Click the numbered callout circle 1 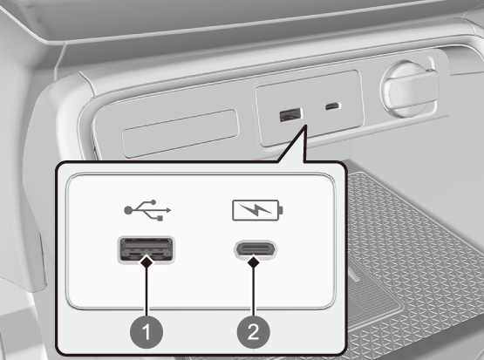click(x=147, y=333)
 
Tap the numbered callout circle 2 click(x=253, y=333)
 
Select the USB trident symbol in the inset click(x=147, y=210)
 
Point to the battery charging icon click(x=257, y=210)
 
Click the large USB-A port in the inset click(x=146, y=249)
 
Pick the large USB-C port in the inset click(x=256, y=249)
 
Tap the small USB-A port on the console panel click(x=290, y=114)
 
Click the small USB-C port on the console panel click(x=333, y=106)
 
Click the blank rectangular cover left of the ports click(x=181, y=133)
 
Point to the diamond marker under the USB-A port click(x=147, y=263)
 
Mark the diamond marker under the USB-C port click(x=254, y=263)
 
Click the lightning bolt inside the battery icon click(x=256, y=210)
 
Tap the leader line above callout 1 click(x=147, y=293)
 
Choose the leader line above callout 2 click(x=254, y=293)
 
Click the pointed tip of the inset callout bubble click(x=305, y=125)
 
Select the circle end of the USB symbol click(x=127, y=210)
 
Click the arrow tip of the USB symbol click(x=169, y=210)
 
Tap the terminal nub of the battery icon click(x=281, y=210)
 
